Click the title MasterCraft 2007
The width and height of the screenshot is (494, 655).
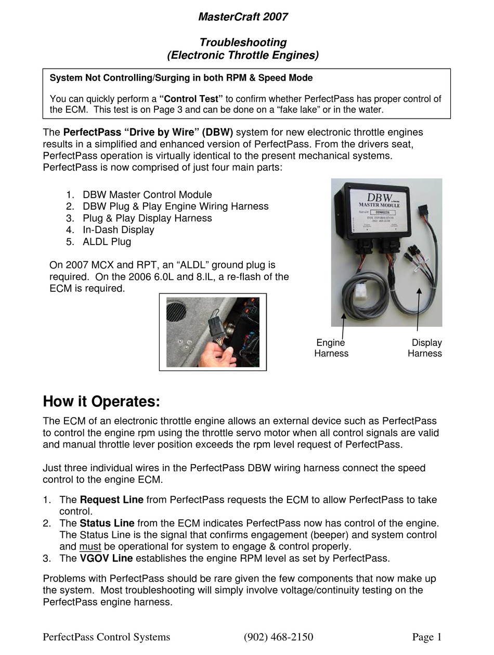click(x=243, y=17)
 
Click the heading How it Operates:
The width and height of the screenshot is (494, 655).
click(x=101, y=402)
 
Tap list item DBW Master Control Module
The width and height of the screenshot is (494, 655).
click(x=147, y=195)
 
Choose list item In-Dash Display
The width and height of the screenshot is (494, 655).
click(x=118, y=229)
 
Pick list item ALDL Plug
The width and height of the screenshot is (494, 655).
click(x=107, y=241)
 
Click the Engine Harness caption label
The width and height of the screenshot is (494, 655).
click(x=331, y=348)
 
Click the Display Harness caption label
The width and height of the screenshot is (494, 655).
click(x=425, y=348)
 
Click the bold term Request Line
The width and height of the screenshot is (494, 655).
click(x=111, y=499)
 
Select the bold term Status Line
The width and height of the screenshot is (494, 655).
click(x=107, y=523)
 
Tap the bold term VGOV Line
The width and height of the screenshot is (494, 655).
click(x=106, y=558)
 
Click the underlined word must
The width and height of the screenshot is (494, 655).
click(x=90, y=546)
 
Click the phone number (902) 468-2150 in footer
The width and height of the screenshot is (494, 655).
click(x=278, y=637)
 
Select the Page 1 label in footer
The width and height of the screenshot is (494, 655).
click(x=426, y=637)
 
